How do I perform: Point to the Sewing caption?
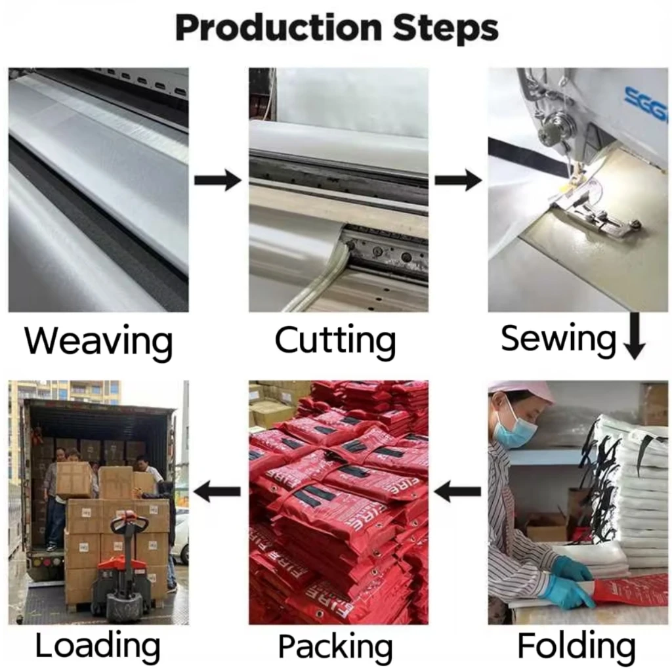click(558, 339)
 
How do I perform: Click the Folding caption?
click(576, 646)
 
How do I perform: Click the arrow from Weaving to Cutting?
click(218, 179)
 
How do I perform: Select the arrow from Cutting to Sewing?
click(458, 179)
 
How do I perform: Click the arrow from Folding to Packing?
click(458, 490)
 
